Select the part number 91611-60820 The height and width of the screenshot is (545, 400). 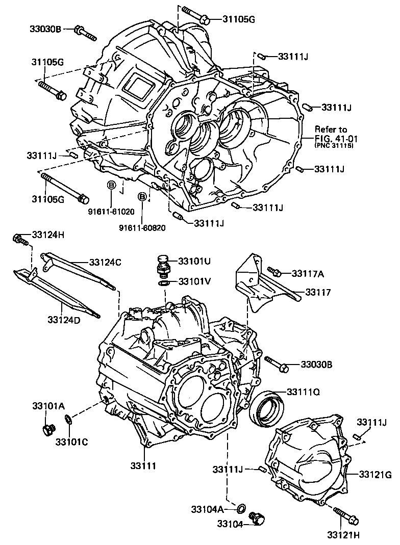click(x=142, y=227)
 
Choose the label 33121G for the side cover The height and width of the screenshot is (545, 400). click(x=374, y=475)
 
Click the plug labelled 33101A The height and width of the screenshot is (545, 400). click(x=48, y=429)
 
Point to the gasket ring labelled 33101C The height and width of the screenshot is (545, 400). click(x=68, y=420)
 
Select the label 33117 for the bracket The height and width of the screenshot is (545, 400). click(x=318, y=293)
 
